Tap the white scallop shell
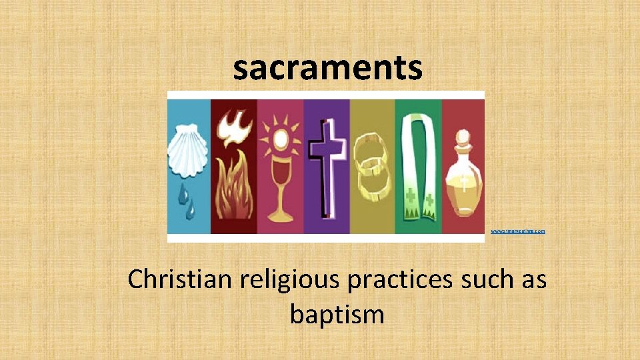[189, 151]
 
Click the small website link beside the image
[518, 231]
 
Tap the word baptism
[337, 314]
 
